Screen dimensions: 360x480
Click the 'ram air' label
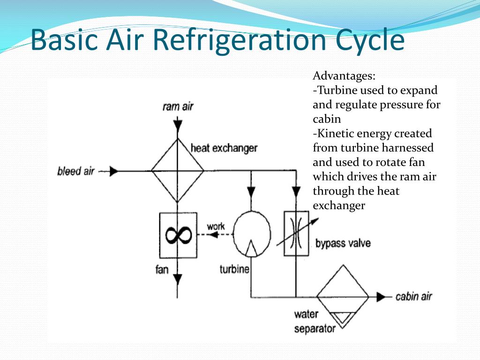click(x=178, y=106)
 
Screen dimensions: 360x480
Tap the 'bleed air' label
click(x=76, y=171)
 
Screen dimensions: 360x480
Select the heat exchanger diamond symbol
click(x=178, y=171)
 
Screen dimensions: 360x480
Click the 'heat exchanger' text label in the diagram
click(x=224, y=149)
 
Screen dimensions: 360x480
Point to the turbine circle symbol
click(x=252, y=232)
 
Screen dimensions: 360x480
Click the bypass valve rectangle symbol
click(x=296, y=233)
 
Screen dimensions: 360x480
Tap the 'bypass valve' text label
click(x=343, y=243)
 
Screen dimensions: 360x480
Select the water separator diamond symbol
click(x=342, y=297)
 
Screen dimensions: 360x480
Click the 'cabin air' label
click(x=414, y=297)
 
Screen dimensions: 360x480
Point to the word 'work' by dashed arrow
click(x=216, y=226)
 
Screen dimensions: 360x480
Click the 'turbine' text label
click(x=234, y=270)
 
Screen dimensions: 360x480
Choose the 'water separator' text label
click(x=315, y=322)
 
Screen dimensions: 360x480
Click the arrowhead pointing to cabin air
click(x=385, y=297)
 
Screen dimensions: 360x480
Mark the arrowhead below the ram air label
click(x=178, y=126)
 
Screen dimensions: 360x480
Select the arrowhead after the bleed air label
click(x=113, y=172)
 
